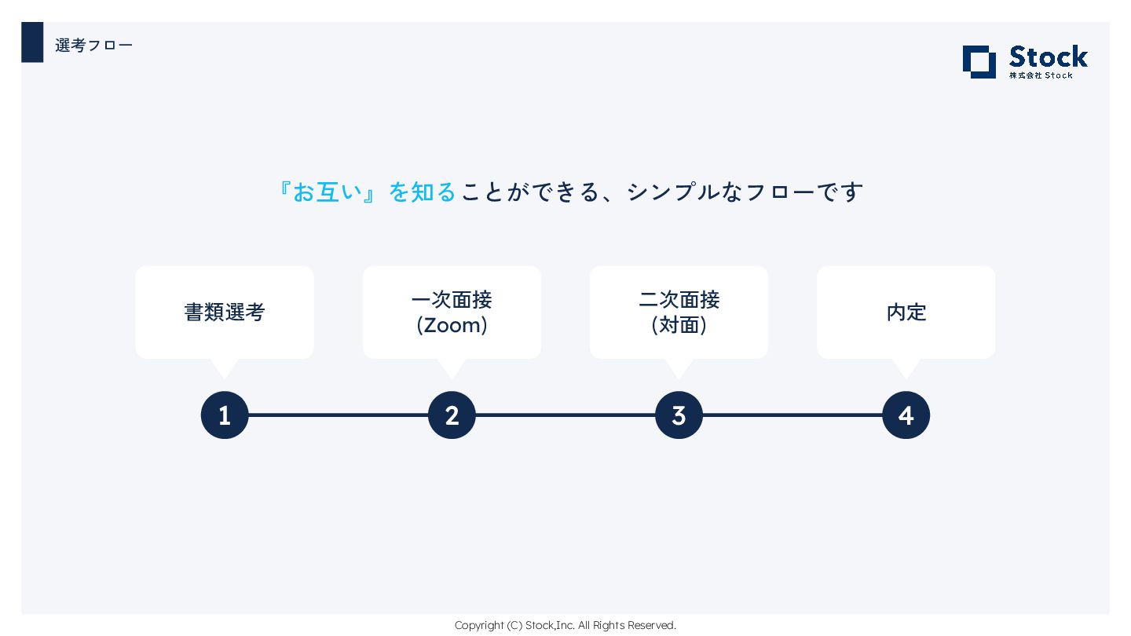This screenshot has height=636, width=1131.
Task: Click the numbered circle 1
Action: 225,415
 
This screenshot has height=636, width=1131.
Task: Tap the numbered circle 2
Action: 452,415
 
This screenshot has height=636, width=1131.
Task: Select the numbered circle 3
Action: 679,415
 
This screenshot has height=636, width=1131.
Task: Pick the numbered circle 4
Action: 906,415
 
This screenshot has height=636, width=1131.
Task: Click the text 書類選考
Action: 225,313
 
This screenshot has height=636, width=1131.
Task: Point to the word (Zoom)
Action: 452,325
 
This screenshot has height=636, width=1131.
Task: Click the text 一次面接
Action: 452,300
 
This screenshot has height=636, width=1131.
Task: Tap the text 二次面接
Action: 679,300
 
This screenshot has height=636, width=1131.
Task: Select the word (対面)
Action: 679,325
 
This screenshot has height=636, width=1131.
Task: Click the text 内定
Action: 906,313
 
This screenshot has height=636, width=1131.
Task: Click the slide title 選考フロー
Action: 93,46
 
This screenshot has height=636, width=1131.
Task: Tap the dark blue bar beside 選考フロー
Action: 32,42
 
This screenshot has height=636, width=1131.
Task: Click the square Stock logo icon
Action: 979,62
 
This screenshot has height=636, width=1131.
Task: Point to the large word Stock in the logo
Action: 1048,57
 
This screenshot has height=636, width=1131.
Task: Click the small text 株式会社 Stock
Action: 1041,75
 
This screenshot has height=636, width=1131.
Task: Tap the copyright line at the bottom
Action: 565,625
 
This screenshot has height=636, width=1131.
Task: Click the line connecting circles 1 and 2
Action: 338,415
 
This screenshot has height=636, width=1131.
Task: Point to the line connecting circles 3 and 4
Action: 792,415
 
